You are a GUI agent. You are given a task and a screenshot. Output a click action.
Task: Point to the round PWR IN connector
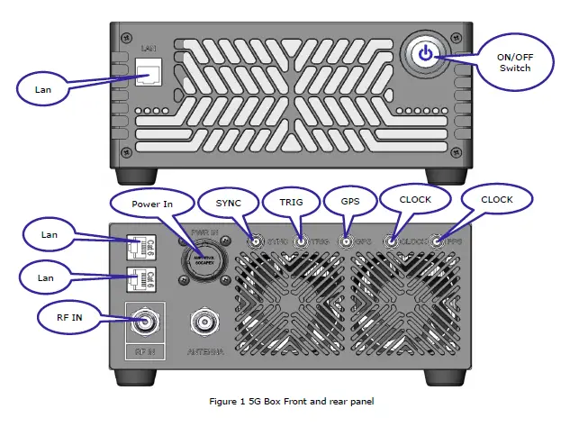click(x=204, y=259)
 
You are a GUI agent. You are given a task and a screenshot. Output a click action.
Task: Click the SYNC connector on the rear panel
click(x=257, y=241)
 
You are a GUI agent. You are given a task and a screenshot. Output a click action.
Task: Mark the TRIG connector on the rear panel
click(x=302, y=241)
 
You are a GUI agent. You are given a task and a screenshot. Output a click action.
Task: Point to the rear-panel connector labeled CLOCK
click(x=393, y=241)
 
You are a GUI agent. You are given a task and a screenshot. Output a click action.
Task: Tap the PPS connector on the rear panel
click(x=438, y=241)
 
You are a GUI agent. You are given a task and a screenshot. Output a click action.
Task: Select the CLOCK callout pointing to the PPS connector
click(x=496, y=199)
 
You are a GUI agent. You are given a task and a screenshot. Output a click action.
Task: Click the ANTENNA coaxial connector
click(x=204, y=322)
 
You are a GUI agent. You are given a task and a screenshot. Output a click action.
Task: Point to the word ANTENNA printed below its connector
click(x=204, y=350)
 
